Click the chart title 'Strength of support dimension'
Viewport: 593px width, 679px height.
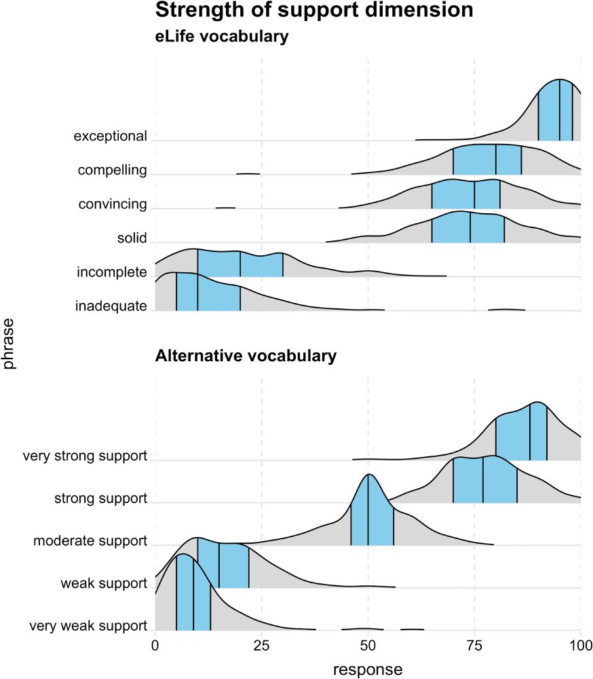[314, 11]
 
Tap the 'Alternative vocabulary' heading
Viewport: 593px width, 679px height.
[246, 355]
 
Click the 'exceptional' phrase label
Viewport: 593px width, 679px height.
[111, 136]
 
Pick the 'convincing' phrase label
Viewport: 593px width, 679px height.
[113, 204]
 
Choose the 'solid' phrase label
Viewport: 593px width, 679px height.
[132, 238]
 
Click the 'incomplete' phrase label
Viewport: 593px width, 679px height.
[112, 272]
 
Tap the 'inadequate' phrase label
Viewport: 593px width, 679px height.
[111, 306]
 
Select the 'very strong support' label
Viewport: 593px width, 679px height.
[85, 456]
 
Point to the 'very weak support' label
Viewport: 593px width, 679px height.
[89, 626]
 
